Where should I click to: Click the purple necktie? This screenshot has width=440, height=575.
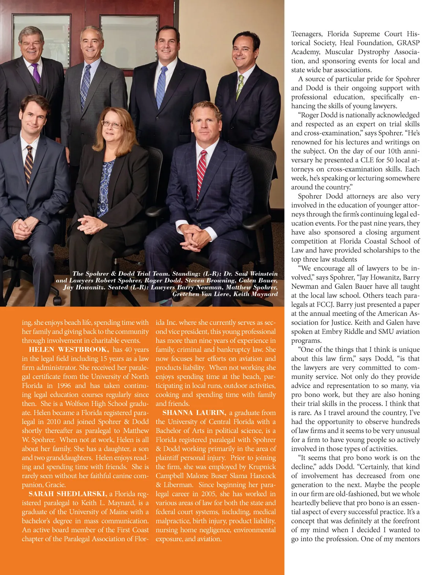coord(36,74)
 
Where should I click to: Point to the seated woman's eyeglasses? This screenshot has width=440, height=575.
coord(111,124)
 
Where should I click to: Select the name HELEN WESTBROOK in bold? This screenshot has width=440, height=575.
coord(69,350)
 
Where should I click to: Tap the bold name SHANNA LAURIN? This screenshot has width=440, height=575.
coord(194,413)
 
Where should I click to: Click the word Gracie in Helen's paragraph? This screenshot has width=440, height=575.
coord(55,485)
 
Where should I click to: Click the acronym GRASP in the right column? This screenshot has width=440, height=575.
coord(408,43)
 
